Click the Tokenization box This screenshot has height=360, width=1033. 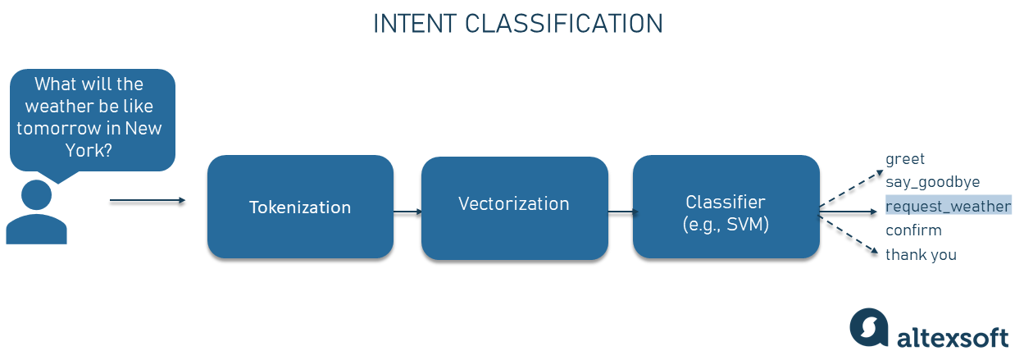(x=300, y=207)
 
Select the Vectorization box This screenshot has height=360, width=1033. (x=515, y=207)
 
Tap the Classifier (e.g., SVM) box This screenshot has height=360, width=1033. (x=726, y=207)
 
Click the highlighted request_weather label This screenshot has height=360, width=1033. (x=948, y=205)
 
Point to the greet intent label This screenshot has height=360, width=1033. (x=905, y=159)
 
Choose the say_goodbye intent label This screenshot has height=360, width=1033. (x=932, y=182)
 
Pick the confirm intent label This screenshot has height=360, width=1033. (x=913, y=230)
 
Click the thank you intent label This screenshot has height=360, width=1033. (x=921, y=254)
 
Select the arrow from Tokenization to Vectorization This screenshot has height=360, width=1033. (x=407, y=212)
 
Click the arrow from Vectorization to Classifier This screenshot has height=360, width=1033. (x=623, y=212)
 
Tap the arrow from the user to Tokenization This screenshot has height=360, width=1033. (x=148, y=200)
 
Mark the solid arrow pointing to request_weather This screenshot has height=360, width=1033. (x=848, y=212)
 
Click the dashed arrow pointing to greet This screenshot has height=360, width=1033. (x=851, y=189)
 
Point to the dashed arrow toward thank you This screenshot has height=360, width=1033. (x=849, y=235)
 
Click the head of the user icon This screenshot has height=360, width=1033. (x=36, y=195)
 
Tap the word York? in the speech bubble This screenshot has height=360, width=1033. (x=89, y=150)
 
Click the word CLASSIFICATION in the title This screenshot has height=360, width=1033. (x=563, y=24)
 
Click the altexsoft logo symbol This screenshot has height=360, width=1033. (x=869, y=326)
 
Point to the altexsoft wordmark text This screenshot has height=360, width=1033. (x=953, y=338)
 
